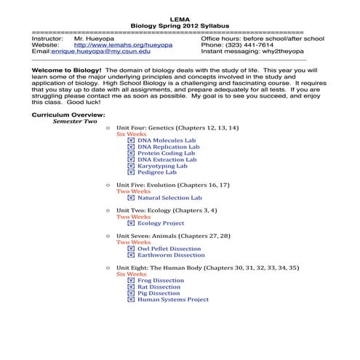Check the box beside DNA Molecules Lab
point(131,140)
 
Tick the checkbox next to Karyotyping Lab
point(131,166)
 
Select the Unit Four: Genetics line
point(177,128)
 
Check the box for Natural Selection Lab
point(131,198)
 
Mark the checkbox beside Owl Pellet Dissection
point(131,249)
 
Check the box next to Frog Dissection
point(131,281)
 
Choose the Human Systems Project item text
point(173,300)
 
